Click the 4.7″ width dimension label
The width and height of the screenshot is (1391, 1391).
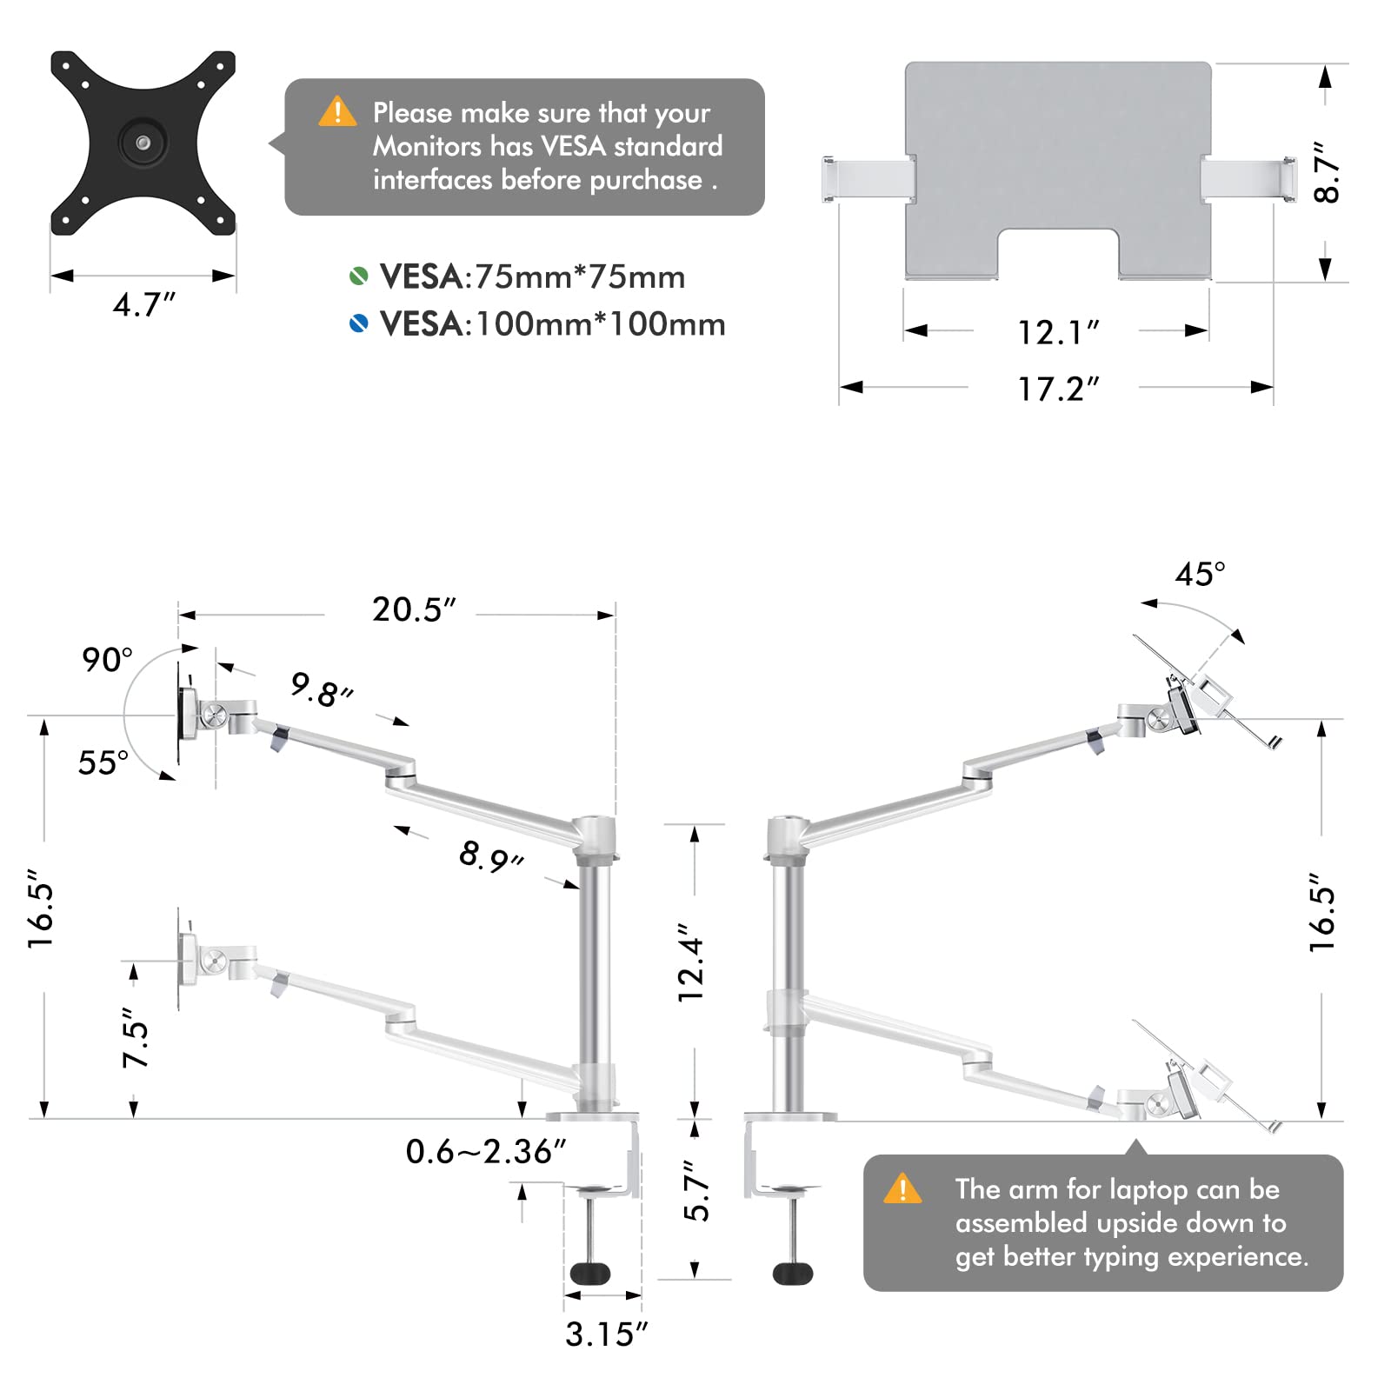[143, 305]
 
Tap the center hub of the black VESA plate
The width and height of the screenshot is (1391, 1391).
[143, 143]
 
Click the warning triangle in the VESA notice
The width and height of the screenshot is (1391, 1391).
[337, 112]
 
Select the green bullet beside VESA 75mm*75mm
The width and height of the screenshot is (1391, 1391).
[358, 276]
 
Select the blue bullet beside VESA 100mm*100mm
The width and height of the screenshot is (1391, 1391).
[358, 324]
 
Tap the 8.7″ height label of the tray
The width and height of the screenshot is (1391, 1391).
[1327, 173]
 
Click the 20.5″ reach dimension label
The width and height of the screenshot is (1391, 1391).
[414, 609]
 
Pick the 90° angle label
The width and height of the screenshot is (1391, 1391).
[107, 659]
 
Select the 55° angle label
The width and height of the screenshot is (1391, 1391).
[103, 762]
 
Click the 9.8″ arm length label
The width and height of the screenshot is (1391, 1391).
[321, 689]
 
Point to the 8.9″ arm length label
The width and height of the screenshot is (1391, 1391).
[490, 856]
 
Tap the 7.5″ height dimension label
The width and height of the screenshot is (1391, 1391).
[136, 1038]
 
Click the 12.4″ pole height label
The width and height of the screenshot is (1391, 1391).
[691, 962]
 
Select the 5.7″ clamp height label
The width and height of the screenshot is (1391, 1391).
[696, 1191]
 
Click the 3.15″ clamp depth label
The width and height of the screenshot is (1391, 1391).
[606, 1334]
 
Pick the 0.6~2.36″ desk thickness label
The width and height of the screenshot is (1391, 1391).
[485, 1151]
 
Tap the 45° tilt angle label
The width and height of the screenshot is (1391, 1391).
[1200, 574]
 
